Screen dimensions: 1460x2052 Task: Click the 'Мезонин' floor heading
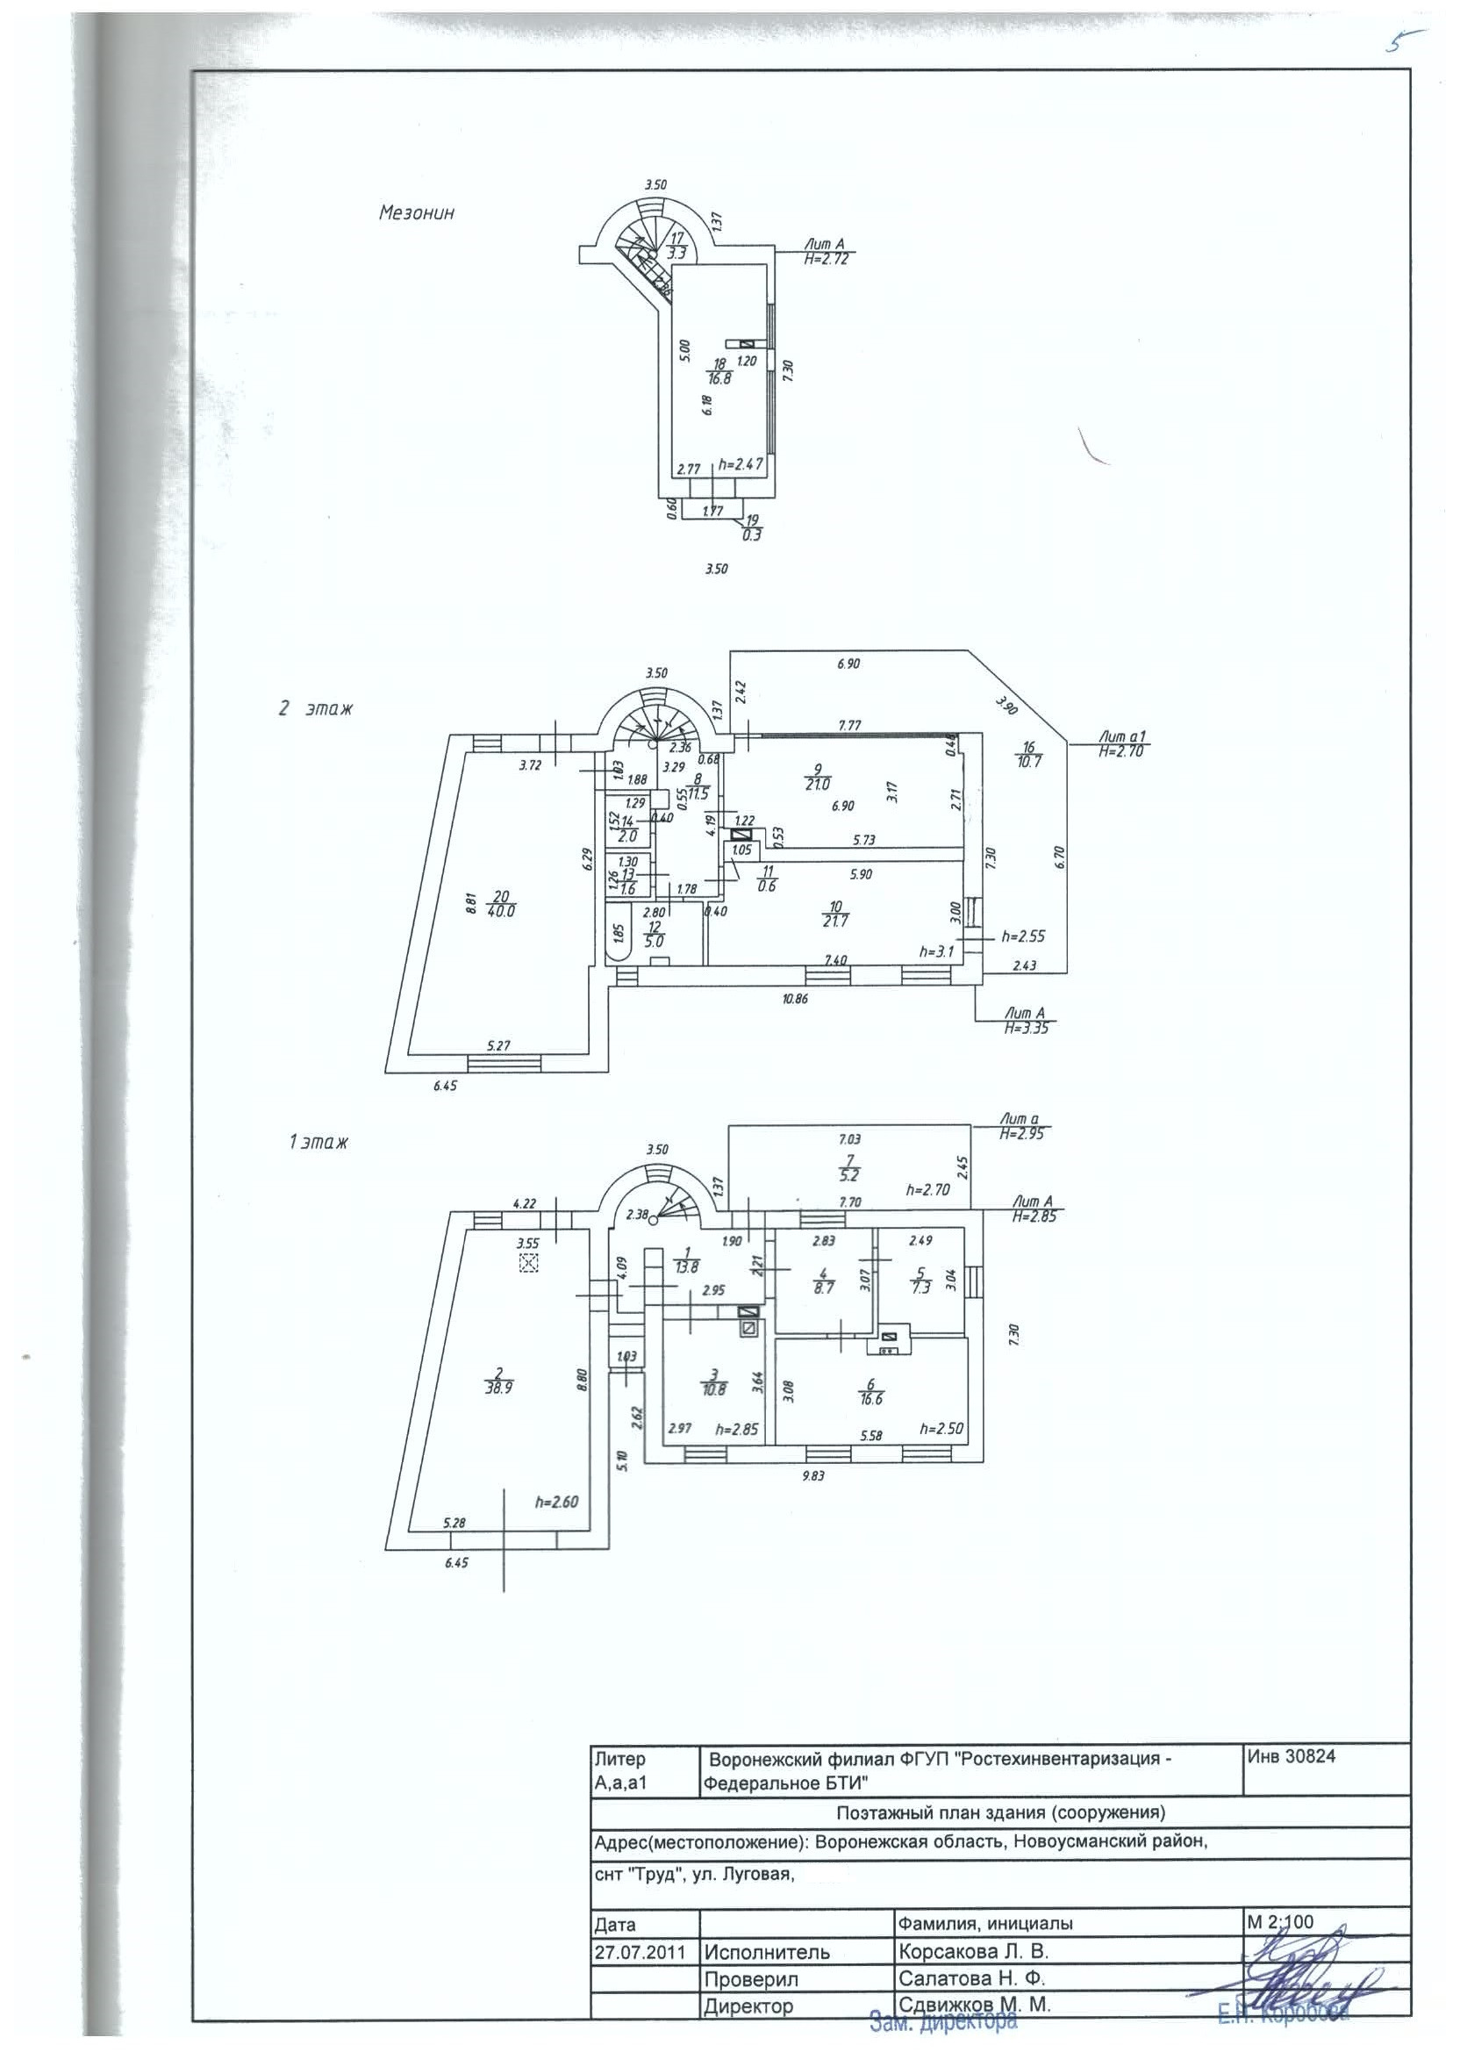coord(416,213)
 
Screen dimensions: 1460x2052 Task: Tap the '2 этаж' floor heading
coord(316,708)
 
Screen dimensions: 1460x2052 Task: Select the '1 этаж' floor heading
coord(318,1143)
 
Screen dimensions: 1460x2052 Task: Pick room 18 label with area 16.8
coord(719,371)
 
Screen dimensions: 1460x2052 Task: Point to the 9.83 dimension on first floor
coord(812,1474)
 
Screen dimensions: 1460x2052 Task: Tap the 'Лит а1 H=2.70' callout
coord(1120,744)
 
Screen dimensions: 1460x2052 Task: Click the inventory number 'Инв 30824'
coord(1291,1754)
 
